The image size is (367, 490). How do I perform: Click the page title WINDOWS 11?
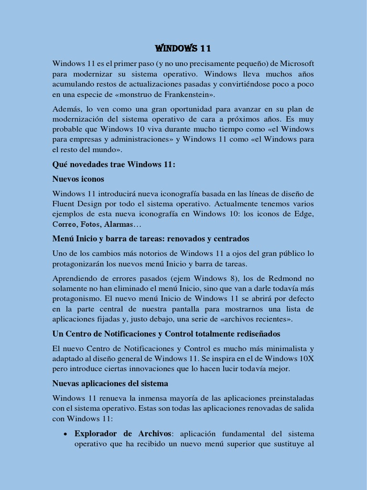click(183, 48)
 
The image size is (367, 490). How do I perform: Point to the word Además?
click(66, 109)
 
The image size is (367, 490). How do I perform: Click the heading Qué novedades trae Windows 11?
click(114, 164)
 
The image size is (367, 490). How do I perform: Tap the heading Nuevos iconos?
click(78, 179)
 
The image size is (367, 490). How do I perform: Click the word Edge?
click(305, 214)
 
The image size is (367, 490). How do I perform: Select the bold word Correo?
click(64, 224)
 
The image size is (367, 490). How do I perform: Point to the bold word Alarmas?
click(118, 224)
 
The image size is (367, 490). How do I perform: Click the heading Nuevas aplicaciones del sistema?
click(110, 383)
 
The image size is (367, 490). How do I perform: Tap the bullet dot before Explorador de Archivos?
click(65, 434)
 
